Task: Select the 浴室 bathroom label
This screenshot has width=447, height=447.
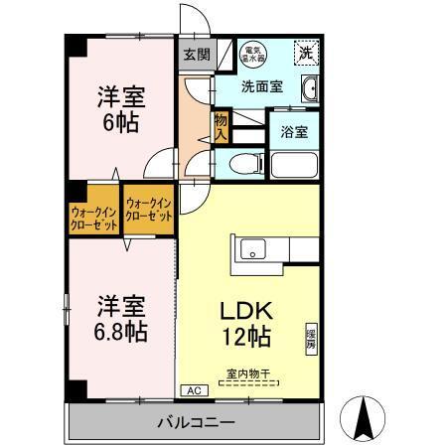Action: pyautogui.click(x=293, y=130)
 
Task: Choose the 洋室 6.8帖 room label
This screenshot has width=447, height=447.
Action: pyautogui.click(x=122, y=317)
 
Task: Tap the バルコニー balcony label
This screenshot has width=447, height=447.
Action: pyautogui.click(x=196, y=422)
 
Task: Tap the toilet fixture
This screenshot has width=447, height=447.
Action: pyautogui.click(x=243, y=165)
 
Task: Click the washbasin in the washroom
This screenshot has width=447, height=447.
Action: pyautogui.click(x=309, y=88)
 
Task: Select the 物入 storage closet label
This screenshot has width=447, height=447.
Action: pyautogui.click(x=222, y=126)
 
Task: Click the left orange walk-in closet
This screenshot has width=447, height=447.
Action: pyautogui.click(x=93, y=216)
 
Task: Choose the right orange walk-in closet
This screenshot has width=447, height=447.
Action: pyautogui.click(x=148, y=209)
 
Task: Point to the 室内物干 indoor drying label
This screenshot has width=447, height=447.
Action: pyautogui.click(x=249, y=373)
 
